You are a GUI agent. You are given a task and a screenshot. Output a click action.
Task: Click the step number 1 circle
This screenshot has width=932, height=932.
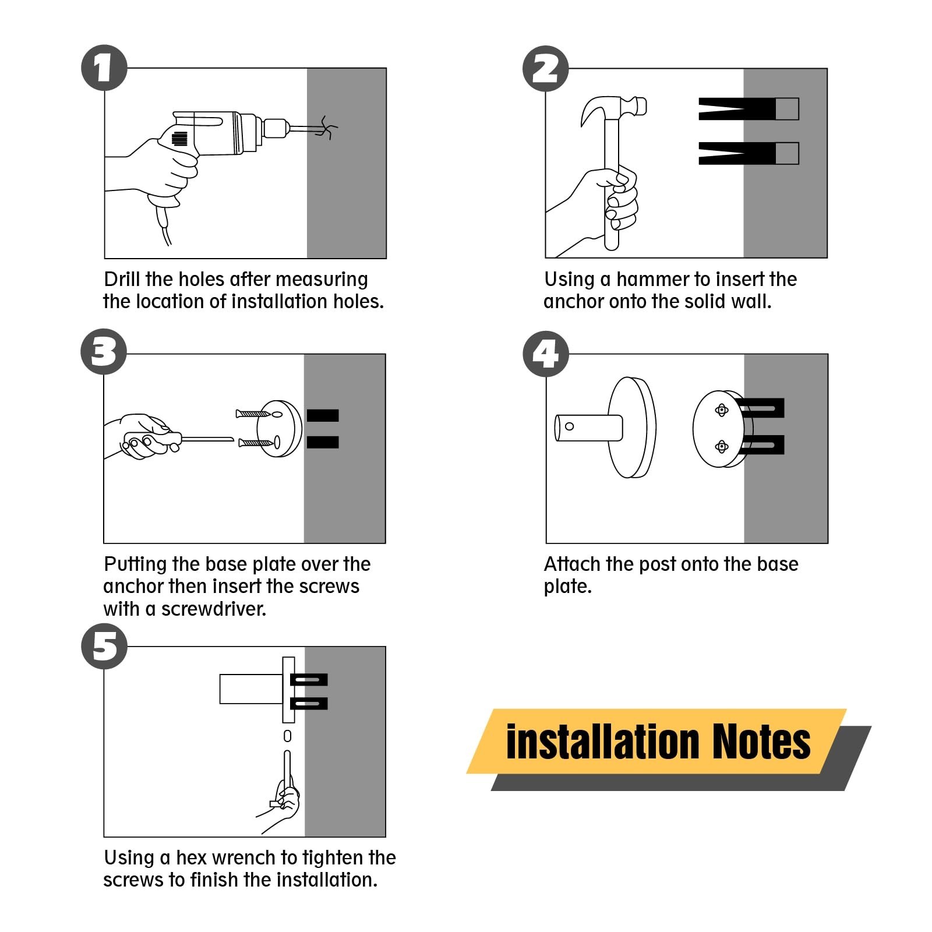pos(104,68)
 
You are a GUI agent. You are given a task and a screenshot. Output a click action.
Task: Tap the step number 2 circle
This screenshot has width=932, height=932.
pos(545,69)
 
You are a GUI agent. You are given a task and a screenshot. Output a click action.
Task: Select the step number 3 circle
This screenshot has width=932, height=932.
pos(104,352)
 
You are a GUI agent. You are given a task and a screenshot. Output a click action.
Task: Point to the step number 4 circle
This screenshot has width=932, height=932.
pos(545,354)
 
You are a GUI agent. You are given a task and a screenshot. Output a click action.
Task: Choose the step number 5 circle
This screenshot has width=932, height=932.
pos(104,646)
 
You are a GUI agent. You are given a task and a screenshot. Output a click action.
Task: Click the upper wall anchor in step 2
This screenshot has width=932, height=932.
pos(749,109)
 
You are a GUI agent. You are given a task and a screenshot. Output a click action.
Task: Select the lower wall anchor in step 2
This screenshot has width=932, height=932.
pos(749,153)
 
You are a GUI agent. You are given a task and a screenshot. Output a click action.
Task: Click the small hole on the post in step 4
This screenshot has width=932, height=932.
pos(570,426)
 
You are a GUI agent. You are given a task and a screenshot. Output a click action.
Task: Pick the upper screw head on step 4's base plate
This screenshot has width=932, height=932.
pos(722,411)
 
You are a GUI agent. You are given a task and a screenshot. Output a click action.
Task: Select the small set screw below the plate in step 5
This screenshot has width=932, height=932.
pos(287,736)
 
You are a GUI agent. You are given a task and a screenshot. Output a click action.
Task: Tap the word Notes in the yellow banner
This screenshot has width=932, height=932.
pos(761,742)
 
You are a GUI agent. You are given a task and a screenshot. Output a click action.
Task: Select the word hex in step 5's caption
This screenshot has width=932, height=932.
pos(191,858)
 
